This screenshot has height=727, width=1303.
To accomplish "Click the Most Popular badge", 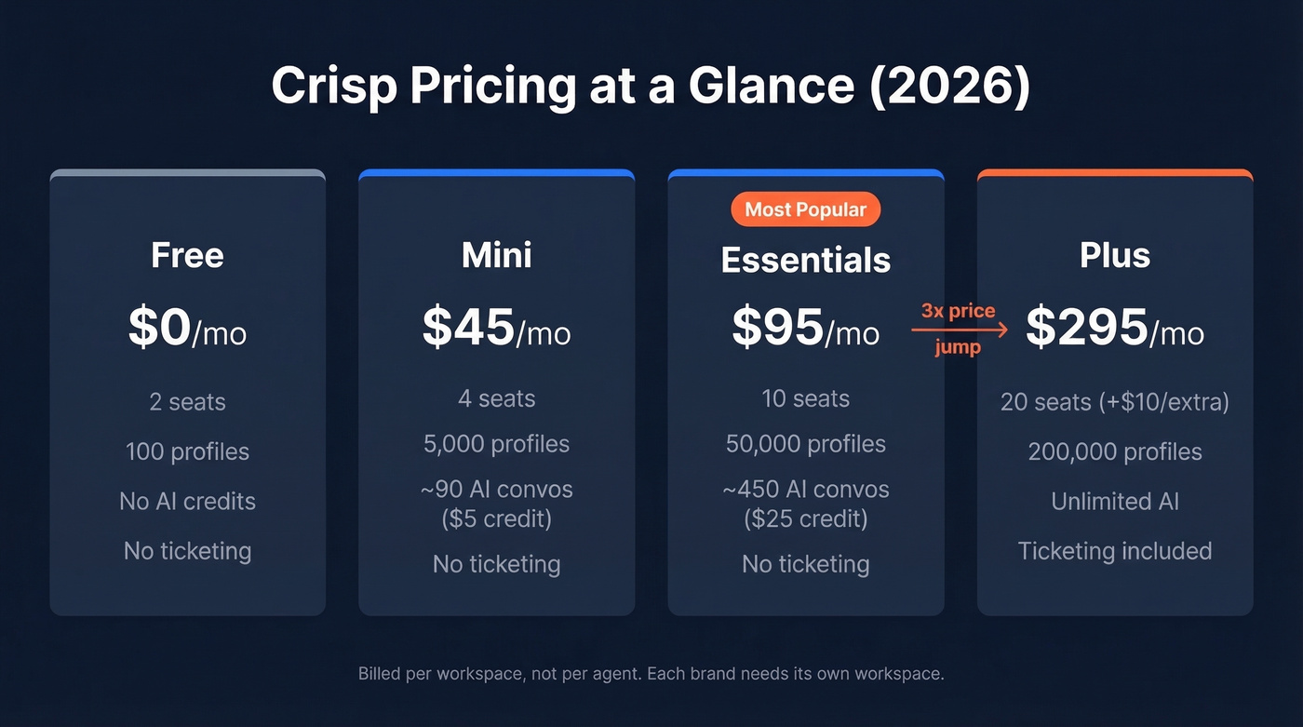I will (x=805, y=209).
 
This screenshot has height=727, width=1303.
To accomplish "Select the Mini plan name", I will (x=496, y=256).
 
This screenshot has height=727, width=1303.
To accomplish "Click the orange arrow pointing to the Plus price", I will (x=959, y=330).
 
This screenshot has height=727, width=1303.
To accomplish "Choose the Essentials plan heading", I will (x=805, y=261).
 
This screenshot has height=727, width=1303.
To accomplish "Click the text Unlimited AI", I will (x=1114, y=502).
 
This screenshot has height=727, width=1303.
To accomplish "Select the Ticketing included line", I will (x=1114, y=551).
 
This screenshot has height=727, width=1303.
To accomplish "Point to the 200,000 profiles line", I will (x=1114, y=452).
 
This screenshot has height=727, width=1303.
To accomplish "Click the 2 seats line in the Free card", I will (x=187, y=402).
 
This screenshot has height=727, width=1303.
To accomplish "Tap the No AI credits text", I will (x=187, y=502).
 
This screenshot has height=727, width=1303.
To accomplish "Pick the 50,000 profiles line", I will (x=805, y=444).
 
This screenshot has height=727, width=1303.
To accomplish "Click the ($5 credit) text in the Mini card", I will (x=496, y=518).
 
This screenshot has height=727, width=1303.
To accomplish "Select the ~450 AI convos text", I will (x=805, y=490).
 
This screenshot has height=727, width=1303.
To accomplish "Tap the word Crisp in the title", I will (x=337, y=87).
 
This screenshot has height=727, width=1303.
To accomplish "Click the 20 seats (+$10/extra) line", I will (x=1114, y=402).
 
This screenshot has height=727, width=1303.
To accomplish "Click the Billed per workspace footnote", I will (x=651, y=673).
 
